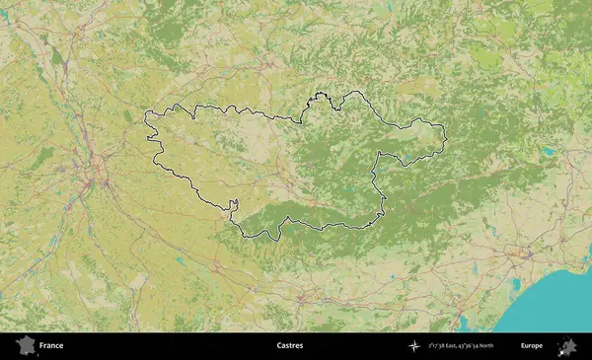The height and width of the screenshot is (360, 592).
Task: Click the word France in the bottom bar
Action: pyautogui.click(x=51, y=346)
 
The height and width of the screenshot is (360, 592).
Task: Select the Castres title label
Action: pyautogui.click(x=290, y=346)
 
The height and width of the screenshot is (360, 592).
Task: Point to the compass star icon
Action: pyautogui.click(x=414, y=346)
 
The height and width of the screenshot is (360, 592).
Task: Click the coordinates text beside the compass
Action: pyautogui.click(x=462, y=346)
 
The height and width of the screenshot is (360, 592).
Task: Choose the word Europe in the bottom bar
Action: pyautogui.click(x=532, y=346)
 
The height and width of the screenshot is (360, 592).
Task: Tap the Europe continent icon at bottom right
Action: pyautogui.click(x=567, y=346)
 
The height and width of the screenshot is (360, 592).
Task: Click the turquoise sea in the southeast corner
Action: pyautogui.click(x=562, y=296)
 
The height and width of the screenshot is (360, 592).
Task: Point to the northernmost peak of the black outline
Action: pyautogui.click(x=320, y=94)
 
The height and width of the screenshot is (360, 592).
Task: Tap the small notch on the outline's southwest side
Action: pyautogui.click(x=233, y=205)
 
